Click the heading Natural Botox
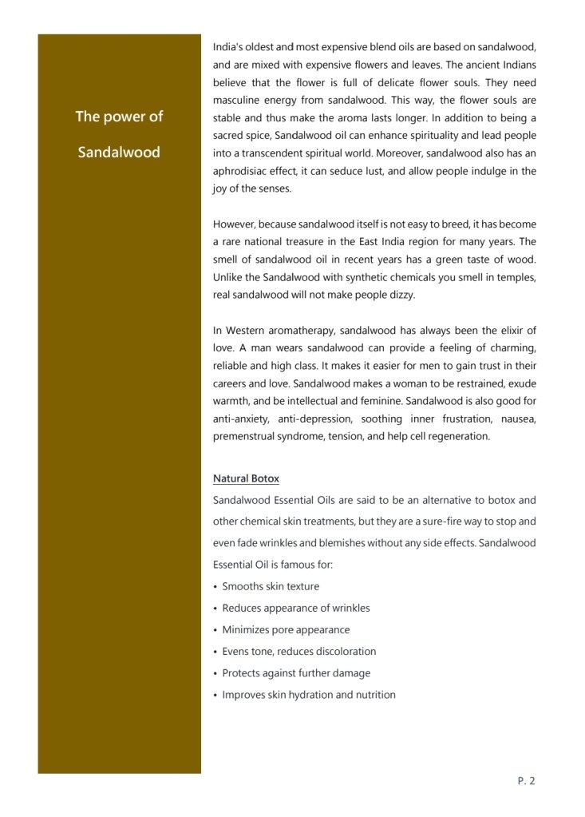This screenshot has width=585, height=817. (246, 479)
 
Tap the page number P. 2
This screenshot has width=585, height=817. (526, 781)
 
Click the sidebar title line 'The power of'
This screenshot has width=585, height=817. (119, 117)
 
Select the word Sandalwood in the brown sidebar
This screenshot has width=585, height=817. (119, 152)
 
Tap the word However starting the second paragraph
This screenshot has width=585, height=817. (233, 224)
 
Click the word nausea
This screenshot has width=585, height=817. (517, 418)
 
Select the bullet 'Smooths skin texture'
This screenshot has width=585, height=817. (271, 586)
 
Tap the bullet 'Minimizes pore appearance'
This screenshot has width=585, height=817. (286, 629)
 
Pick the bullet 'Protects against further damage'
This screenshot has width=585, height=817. (296, 673)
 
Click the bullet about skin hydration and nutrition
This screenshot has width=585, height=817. (309, 695)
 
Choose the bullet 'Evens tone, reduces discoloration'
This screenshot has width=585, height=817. (299, 652)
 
